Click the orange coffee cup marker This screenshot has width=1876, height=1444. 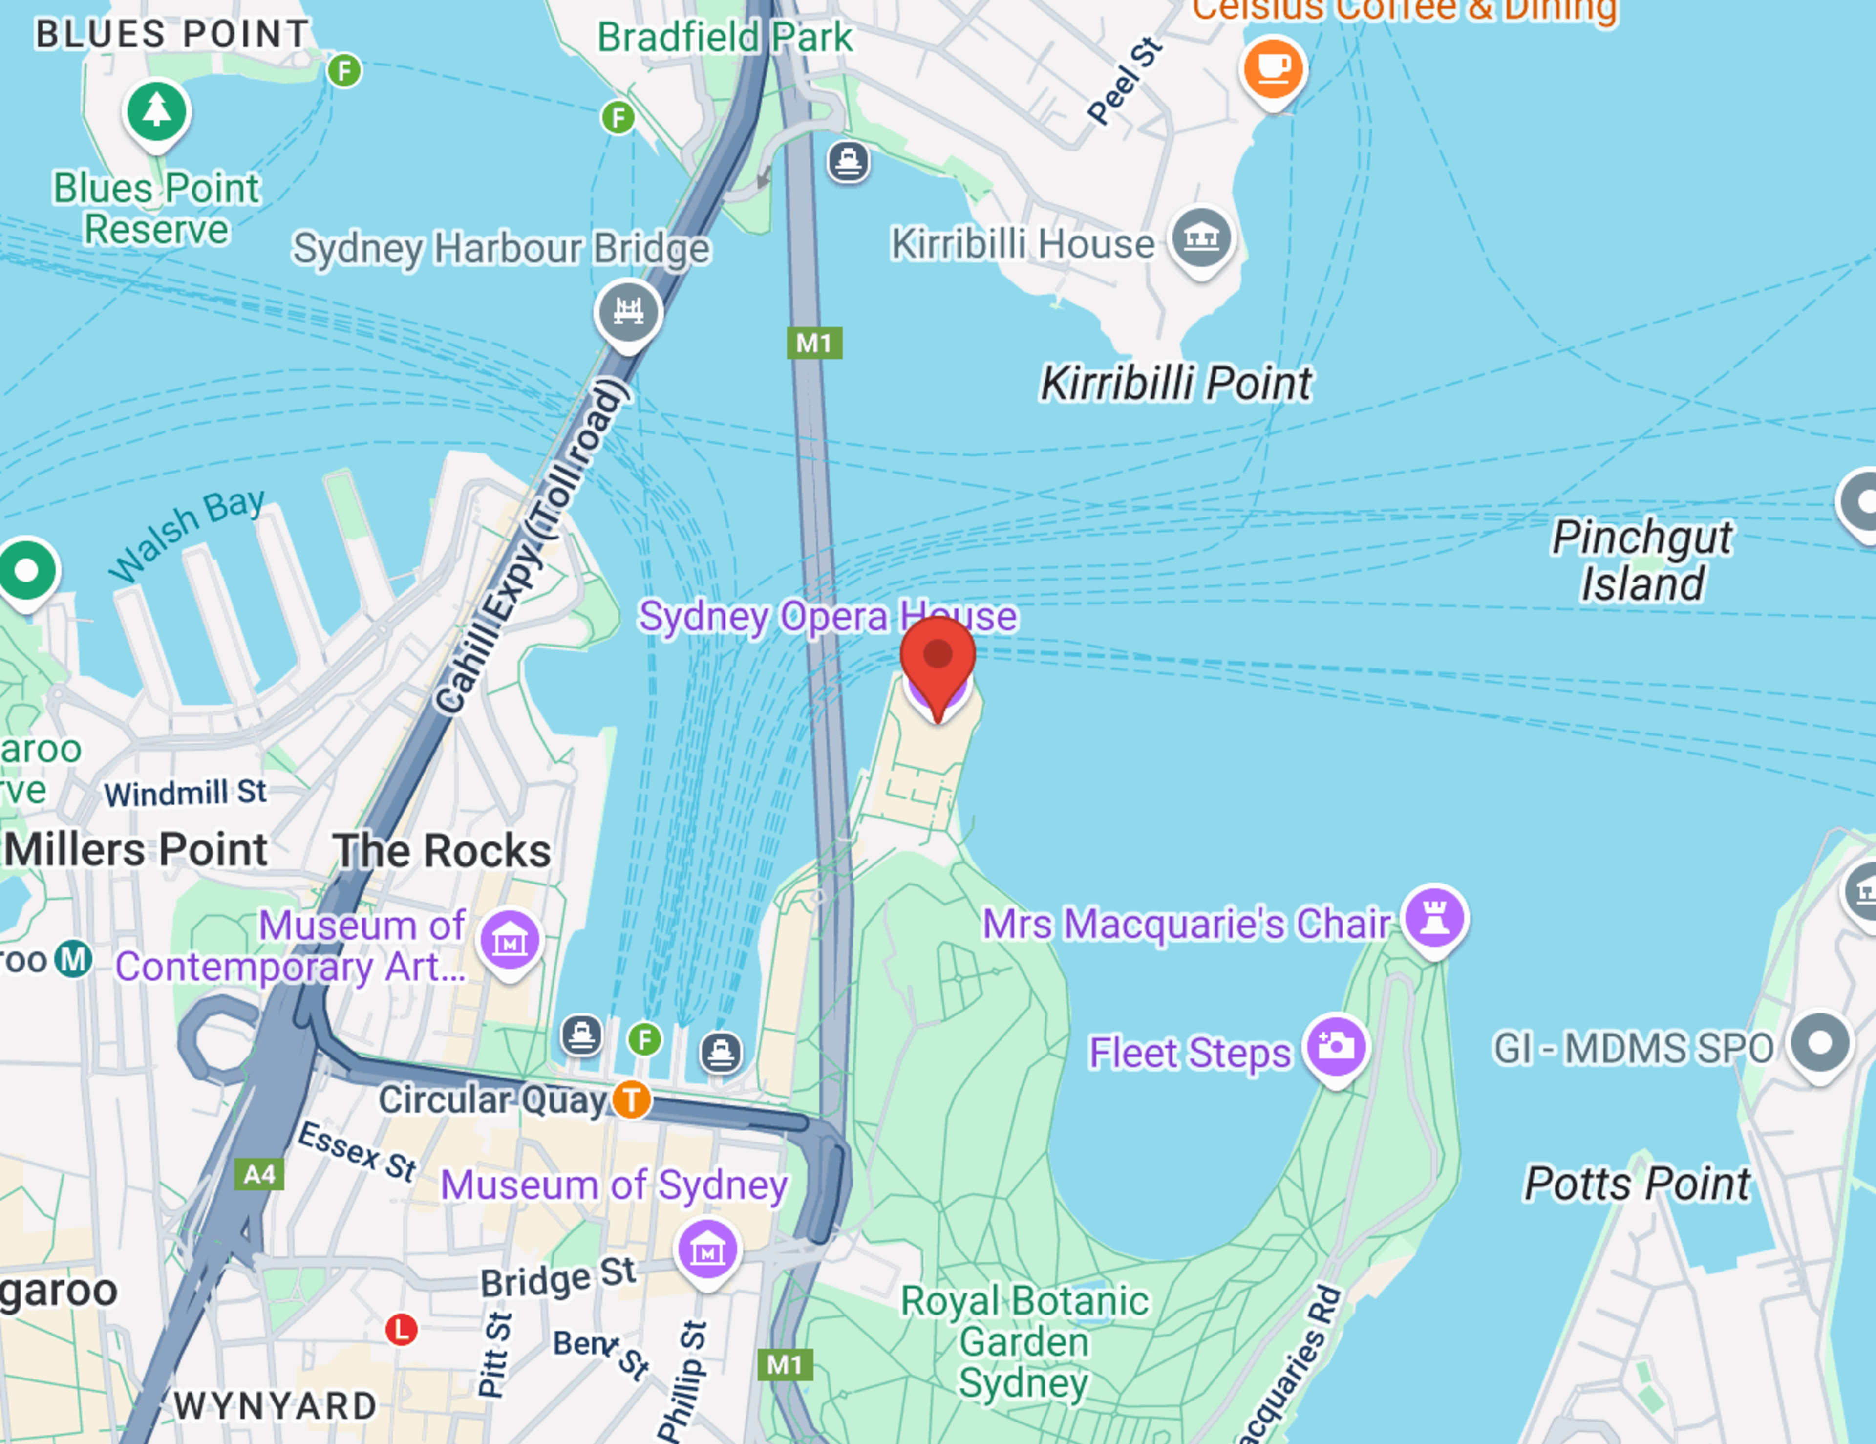(1273, 68)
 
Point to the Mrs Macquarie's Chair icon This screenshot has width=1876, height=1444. (1434, 917)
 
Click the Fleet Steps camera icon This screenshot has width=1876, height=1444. (1336, 1046)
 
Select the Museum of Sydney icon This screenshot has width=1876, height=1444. (707, 1250)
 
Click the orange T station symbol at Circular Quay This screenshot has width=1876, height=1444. (631, 1099)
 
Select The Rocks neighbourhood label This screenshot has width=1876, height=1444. (442, 850)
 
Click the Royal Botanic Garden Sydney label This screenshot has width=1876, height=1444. (1024, 1342)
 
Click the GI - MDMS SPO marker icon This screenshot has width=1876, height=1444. (1819, 1043)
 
